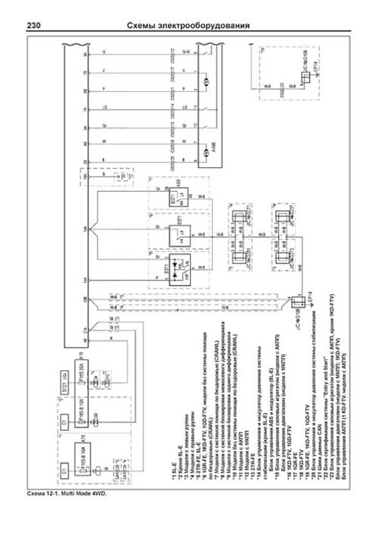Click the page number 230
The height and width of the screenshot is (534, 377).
tap(33, 25)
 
